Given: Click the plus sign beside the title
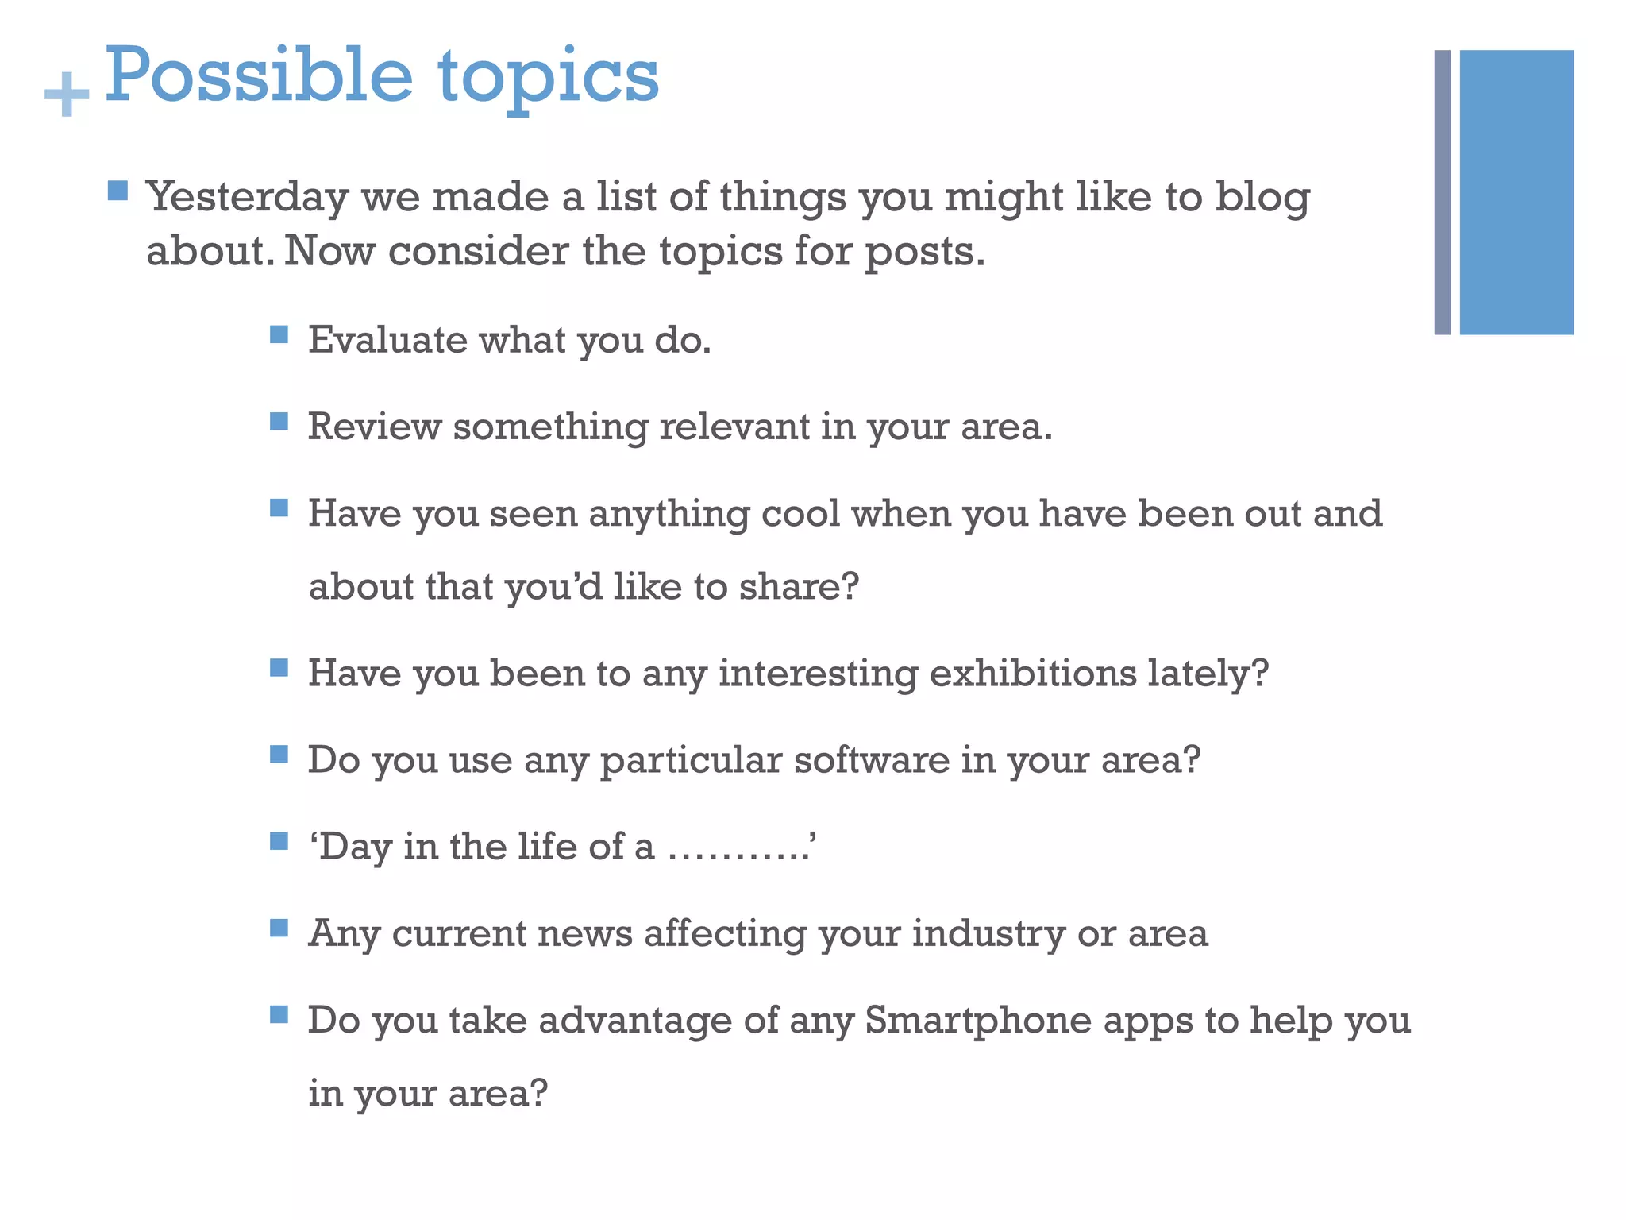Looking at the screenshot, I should [67, 95].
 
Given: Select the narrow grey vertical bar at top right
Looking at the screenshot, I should [1442, 192].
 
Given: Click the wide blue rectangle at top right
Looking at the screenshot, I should [1516, 192].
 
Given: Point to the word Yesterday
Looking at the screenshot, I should [248, 197].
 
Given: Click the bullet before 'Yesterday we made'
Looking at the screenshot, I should [118, 191].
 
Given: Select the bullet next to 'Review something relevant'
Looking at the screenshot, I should [279, 421].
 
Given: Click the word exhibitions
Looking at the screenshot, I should [1032, 674].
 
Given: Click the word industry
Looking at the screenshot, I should [988, 933].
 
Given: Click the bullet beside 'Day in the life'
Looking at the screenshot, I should [279, 841].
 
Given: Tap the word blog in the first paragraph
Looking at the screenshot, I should [1262, 197].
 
